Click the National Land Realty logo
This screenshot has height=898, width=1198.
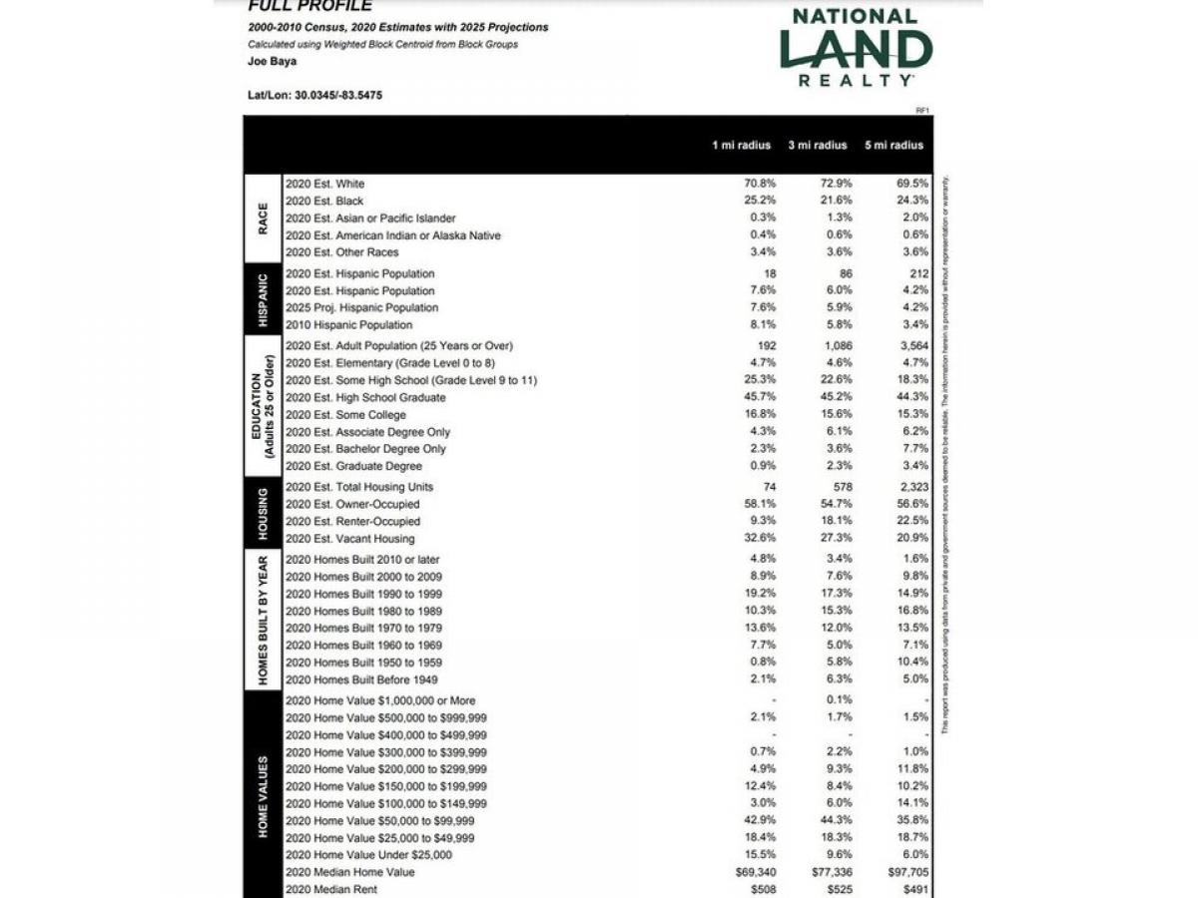(856, 47)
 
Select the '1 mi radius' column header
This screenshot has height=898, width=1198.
(741, 146)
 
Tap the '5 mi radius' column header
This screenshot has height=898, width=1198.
(894, 146)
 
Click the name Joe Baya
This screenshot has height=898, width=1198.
(272, 61)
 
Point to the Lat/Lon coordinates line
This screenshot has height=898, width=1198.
(314, 95)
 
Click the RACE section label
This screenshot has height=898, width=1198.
(263, 218)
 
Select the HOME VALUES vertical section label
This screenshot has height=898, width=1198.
(263, 795)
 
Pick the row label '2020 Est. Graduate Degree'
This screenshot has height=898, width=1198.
(353, 466)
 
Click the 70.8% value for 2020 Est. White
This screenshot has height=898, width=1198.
(760, 184)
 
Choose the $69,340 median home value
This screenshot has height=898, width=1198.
(755, 872)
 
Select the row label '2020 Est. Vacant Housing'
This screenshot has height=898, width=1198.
(349, 539)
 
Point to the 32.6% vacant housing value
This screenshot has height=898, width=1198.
(760, 539)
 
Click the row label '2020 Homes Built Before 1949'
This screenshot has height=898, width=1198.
(361, 680)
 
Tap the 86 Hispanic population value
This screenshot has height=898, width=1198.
(845, 273)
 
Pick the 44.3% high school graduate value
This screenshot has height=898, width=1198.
(911, 397)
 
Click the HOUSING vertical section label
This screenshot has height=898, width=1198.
(263, 513)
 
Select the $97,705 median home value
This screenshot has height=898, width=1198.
(906, 872)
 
